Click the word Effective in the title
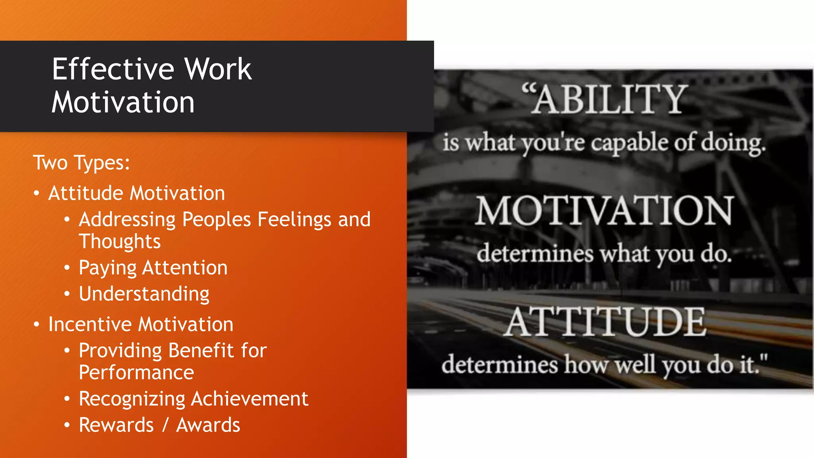click(113, 69)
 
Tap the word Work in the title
click(218, 69)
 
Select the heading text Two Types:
click(81, 163)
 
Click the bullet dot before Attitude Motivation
click(37, 194)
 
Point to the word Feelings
click(294, 219)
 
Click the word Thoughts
click(120, 242)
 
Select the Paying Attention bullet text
click(153, 268)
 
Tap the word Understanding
click(144, 294)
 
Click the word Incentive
click(90, 324)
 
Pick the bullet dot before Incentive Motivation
click(37, 325)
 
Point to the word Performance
click(136, 373)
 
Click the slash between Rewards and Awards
click(165, 425)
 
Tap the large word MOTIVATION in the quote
click(604, 211)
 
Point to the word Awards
click(208, 425)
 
